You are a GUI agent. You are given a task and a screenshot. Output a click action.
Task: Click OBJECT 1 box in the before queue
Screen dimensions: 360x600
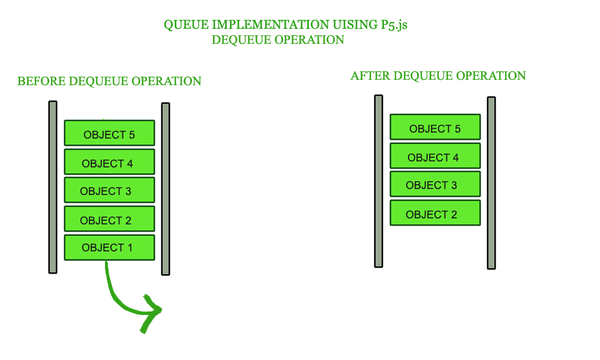coord(109,247)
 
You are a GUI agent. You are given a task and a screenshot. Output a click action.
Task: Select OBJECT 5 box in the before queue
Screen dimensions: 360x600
coord(109,133)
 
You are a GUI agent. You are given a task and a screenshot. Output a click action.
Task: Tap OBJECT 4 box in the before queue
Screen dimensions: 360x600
coord(109,162)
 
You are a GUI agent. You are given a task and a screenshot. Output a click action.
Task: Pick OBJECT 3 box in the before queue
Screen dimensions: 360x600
coord(109,190)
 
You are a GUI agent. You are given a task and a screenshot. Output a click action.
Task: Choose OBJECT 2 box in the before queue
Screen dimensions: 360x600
coord(109,220)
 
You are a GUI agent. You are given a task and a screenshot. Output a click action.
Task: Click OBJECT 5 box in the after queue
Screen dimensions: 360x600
coord(435,127)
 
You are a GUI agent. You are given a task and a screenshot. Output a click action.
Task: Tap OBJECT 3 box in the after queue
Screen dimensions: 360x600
coord(435,185)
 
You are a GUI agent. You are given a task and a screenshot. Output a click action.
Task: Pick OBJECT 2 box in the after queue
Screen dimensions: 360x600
coord(435,213)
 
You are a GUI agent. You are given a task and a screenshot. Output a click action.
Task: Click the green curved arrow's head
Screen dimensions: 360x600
coord(154,310)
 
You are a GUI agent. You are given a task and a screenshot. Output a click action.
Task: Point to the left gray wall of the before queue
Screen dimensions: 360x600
coord(53,187)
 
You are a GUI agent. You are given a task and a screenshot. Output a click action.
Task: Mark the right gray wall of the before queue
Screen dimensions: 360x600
coord(166,188)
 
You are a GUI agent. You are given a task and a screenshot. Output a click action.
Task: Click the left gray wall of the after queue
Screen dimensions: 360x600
coord(379,181)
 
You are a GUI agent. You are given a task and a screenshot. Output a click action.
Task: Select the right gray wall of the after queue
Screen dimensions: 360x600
coord(491,183)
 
